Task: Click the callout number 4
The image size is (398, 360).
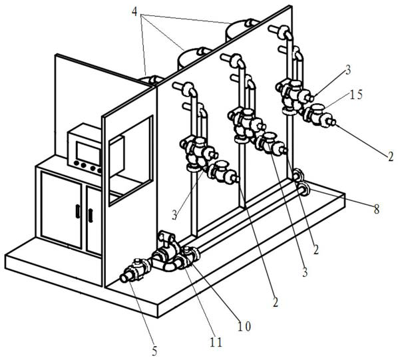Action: tap(134, 11)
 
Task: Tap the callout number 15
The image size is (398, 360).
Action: tap(355, 94)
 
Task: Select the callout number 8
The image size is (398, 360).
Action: tap(376, 209)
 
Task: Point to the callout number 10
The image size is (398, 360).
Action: tap(244, 326)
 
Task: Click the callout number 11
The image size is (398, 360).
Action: tap(216, 342)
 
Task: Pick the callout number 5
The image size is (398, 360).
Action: tap(154, 351)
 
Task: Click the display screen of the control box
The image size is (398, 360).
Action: tap(89, 153)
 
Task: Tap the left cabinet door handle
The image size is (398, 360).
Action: tap(78, 212)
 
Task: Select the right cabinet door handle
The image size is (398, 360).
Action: tap(91, 216)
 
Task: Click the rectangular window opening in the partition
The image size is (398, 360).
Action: tap(130, 160)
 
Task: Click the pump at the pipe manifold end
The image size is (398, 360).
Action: tap(165, 250)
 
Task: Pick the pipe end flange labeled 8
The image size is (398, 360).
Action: tap(303, 189)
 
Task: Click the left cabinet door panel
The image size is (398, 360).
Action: tap(61, 210)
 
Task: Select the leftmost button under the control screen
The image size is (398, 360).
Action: tap(76, 164)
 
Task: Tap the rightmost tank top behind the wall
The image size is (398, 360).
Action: tap(241, 30)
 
